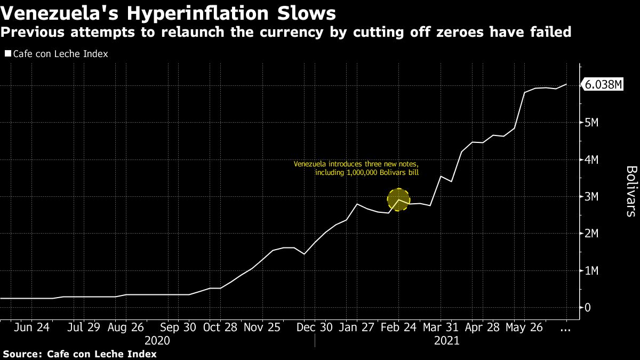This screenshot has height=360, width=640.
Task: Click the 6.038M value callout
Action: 604,85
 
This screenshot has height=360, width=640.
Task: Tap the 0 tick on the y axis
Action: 588,308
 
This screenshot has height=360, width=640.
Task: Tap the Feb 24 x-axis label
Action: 399,327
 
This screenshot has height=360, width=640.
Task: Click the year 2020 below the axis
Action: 157,341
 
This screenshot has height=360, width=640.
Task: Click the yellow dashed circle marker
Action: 398,199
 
